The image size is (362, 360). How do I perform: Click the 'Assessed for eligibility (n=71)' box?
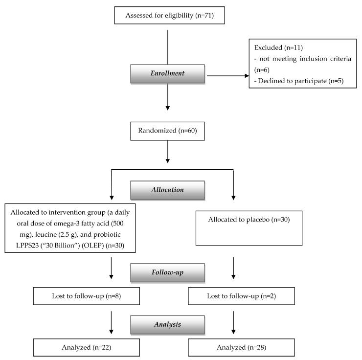point(168,15)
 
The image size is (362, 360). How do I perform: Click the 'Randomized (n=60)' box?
point(168,131)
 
